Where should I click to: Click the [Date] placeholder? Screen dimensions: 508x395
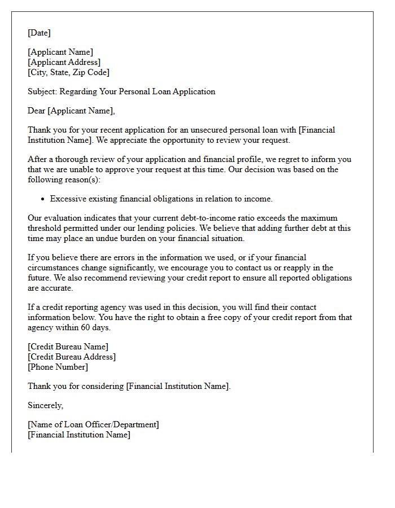click(x=39, y=33)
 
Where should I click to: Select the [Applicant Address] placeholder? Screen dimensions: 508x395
click(x=64, y=62)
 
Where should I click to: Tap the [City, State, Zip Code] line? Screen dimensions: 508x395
click(x=68, y=72)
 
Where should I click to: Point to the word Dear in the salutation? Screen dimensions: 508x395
click(x=37, y=111)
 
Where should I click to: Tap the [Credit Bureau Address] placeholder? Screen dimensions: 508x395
click(x=72, y=357)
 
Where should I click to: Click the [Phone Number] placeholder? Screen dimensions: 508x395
click(x=58, y=367)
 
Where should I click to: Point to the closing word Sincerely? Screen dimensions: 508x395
click(x=45, y=405)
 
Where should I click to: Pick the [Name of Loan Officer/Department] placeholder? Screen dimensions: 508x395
click(x=93, y=424)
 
